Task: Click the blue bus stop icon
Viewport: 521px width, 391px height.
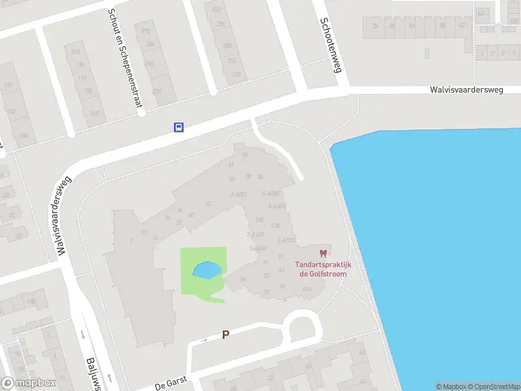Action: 178,127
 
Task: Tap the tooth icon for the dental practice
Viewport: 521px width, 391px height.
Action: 323,253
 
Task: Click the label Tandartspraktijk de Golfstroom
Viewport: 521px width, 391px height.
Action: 324,269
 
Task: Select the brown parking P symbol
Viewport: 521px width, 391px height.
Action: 226,335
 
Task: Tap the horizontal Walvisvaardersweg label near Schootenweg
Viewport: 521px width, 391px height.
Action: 466,91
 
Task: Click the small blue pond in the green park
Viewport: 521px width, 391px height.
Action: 206,269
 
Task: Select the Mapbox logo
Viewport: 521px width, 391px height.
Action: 29,383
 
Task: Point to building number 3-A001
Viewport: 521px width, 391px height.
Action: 238,194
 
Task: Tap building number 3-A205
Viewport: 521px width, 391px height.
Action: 270,194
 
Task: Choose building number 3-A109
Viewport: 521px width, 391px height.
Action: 255,235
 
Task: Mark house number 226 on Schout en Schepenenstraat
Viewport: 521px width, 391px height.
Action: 156,92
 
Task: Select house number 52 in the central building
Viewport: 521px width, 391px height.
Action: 208,204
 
